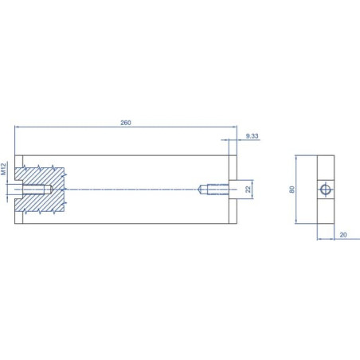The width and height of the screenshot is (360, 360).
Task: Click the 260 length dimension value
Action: [x=126, y=123]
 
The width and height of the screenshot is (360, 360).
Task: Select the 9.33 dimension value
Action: [x=252, y=136]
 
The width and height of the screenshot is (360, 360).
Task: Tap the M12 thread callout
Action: [x=3, y=169]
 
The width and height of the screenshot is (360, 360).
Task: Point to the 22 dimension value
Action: [x=248, y=190]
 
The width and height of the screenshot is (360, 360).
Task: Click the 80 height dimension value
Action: [x=292, y=190]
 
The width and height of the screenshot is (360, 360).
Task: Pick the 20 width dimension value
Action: [x=343, y=235]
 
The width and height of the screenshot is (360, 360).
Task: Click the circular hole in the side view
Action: [x=326, y=190]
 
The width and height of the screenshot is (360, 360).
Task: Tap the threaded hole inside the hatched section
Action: [x=37, y=190]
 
